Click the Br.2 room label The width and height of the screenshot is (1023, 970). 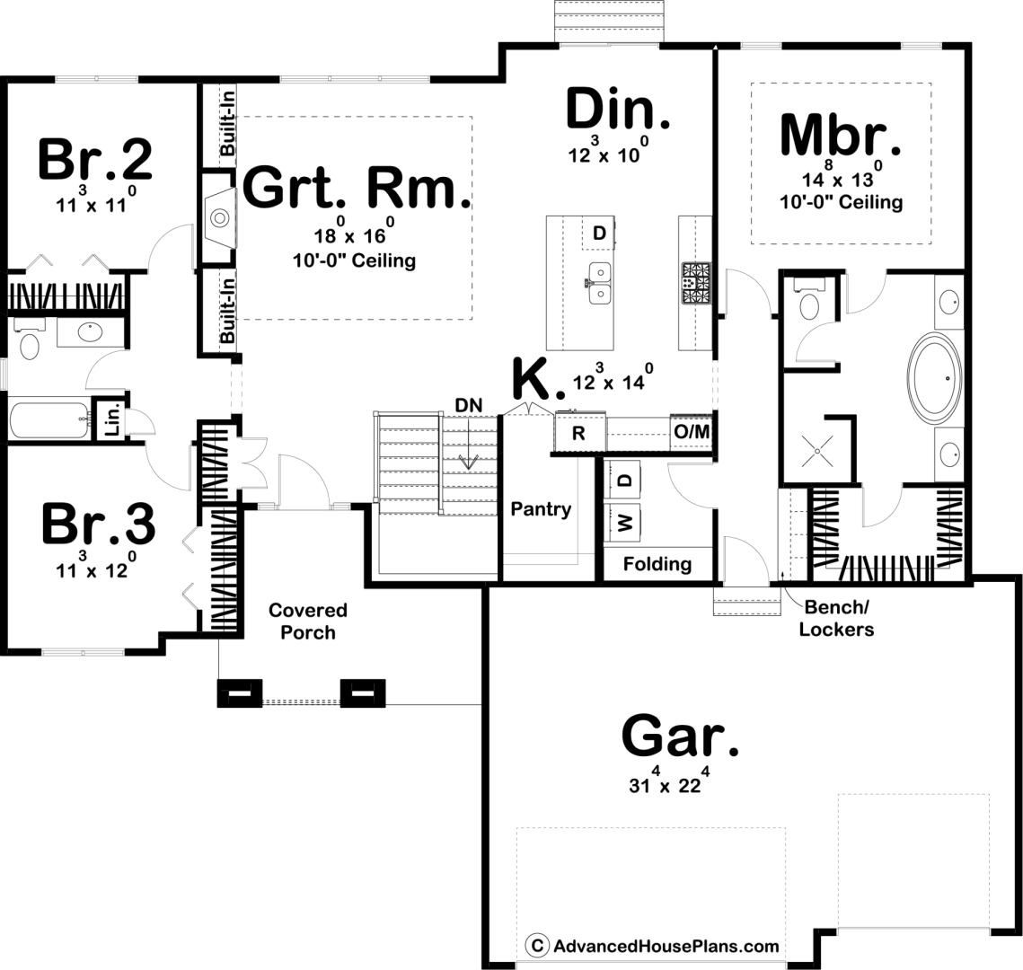point(95,158)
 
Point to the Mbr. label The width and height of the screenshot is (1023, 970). point(841,135)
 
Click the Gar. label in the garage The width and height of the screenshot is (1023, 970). point(680,736)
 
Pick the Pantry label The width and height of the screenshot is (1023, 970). point(541,509)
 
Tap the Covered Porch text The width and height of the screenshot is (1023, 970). point(308,621)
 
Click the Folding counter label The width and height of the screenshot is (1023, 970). point(657,564)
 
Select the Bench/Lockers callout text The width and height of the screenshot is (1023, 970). point(836,619)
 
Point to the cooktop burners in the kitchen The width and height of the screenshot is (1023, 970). point(696,283)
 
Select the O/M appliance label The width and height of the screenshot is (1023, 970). point(692,431)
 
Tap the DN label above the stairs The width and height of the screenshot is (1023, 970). point(469,405)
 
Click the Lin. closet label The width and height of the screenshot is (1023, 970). point(112,419)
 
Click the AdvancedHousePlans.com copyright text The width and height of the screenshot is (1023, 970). point(653,946)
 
